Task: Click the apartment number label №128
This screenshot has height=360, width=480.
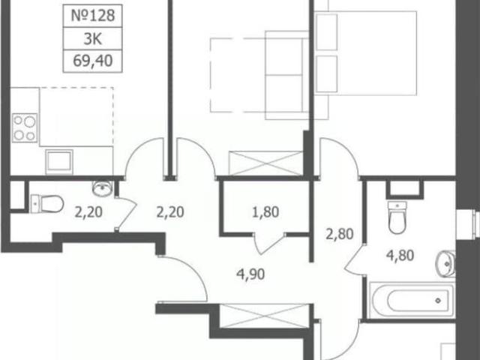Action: (93, 16)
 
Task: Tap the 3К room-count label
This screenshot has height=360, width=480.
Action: (93, 39)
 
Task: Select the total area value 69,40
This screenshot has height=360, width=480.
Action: (93, 61)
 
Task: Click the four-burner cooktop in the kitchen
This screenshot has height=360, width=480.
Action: (25, 127)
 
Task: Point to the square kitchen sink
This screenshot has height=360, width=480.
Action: (59, 161)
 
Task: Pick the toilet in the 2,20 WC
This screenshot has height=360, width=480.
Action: (46, 203)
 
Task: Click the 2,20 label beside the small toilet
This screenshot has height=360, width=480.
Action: (88, 212)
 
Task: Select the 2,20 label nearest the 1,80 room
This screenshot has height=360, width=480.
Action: (170, 212)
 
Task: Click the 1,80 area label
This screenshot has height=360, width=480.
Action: (265, 212)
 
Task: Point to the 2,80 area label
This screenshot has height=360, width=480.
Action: (340, 234)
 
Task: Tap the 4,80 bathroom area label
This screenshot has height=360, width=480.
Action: (400, 255)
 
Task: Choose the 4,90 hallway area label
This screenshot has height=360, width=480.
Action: (250, 274)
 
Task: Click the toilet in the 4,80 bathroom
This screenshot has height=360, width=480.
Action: (397, 217)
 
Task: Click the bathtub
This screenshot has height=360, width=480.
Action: (412, 300)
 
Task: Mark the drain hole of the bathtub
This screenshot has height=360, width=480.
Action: (438, 301)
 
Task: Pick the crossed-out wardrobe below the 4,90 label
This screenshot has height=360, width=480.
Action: (265, 316)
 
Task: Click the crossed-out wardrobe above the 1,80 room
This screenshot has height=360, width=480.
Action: (265, 163)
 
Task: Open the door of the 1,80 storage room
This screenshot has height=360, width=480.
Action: (269, 244)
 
